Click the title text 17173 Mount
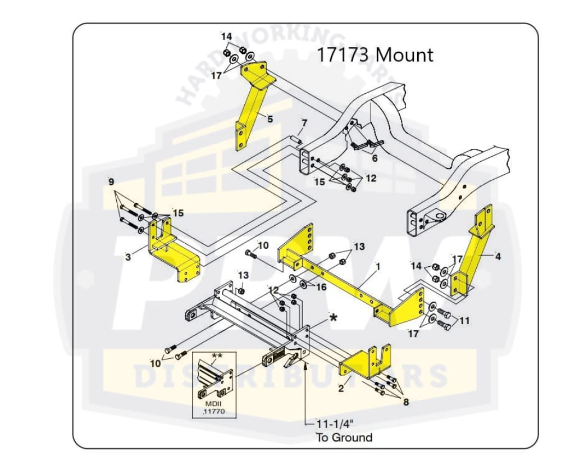click(375, 55)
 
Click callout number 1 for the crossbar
click(378, 266)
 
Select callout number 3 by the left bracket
click(128, 257)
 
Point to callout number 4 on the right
click(498, 257)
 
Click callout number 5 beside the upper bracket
click(270, 119)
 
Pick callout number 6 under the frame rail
click(375, 158)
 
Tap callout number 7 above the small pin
click(304, 122)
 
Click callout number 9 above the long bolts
click(111, 182)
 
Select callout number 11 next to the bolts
click(464, 321)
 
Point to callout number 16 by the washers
click(321, 287)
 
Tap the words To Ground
click(344, 438)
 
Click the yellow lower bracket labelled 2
click(365, 359)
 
